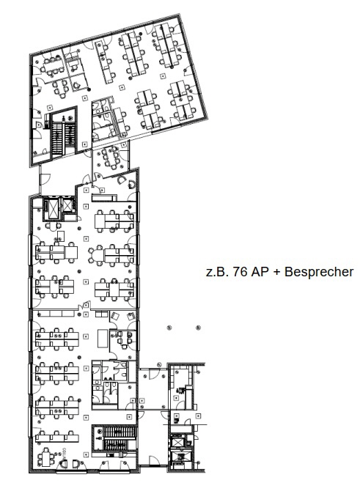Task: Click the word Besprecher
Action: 319,272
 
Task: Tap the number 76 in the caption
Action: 240,272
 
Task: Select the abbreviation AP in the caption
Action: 259,272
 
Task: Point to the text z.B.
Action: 218,272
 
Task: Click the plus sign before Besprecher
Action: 276,272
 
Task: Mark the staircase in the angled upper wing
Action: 64,135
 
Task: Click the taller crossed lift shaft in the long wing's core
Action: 53,207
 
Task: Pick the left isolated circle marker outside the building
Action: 169,328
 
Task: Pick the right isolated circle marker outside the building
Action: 198,328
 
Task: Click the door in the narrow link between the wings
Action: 45,179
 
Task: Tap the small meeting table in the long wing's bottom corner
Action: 45,458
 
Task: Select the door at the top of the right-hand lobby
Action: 153,373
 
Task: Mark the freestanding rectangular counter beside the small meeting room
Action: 103,338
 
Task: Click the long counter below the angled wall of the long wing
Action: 104,198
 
